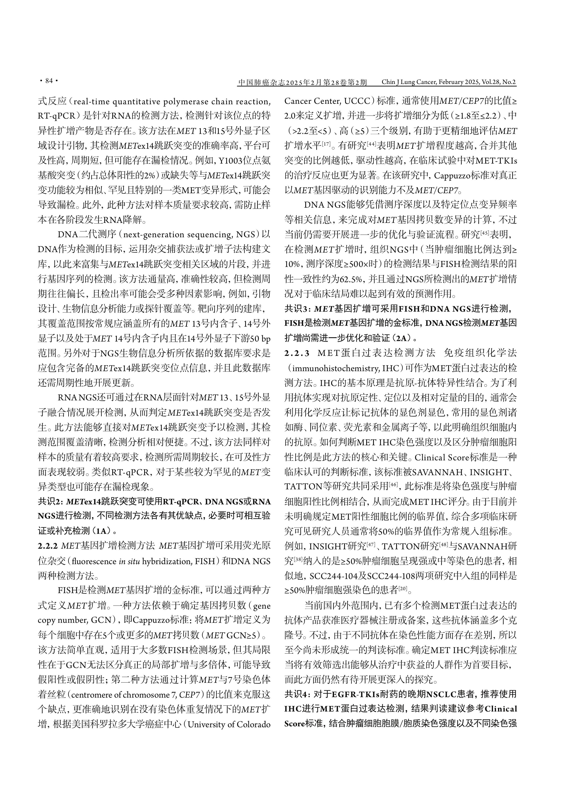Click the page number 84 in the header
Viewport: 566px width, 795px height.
pos(49,81)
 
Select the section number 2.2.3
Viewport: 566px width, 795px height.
pos(297,353)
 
